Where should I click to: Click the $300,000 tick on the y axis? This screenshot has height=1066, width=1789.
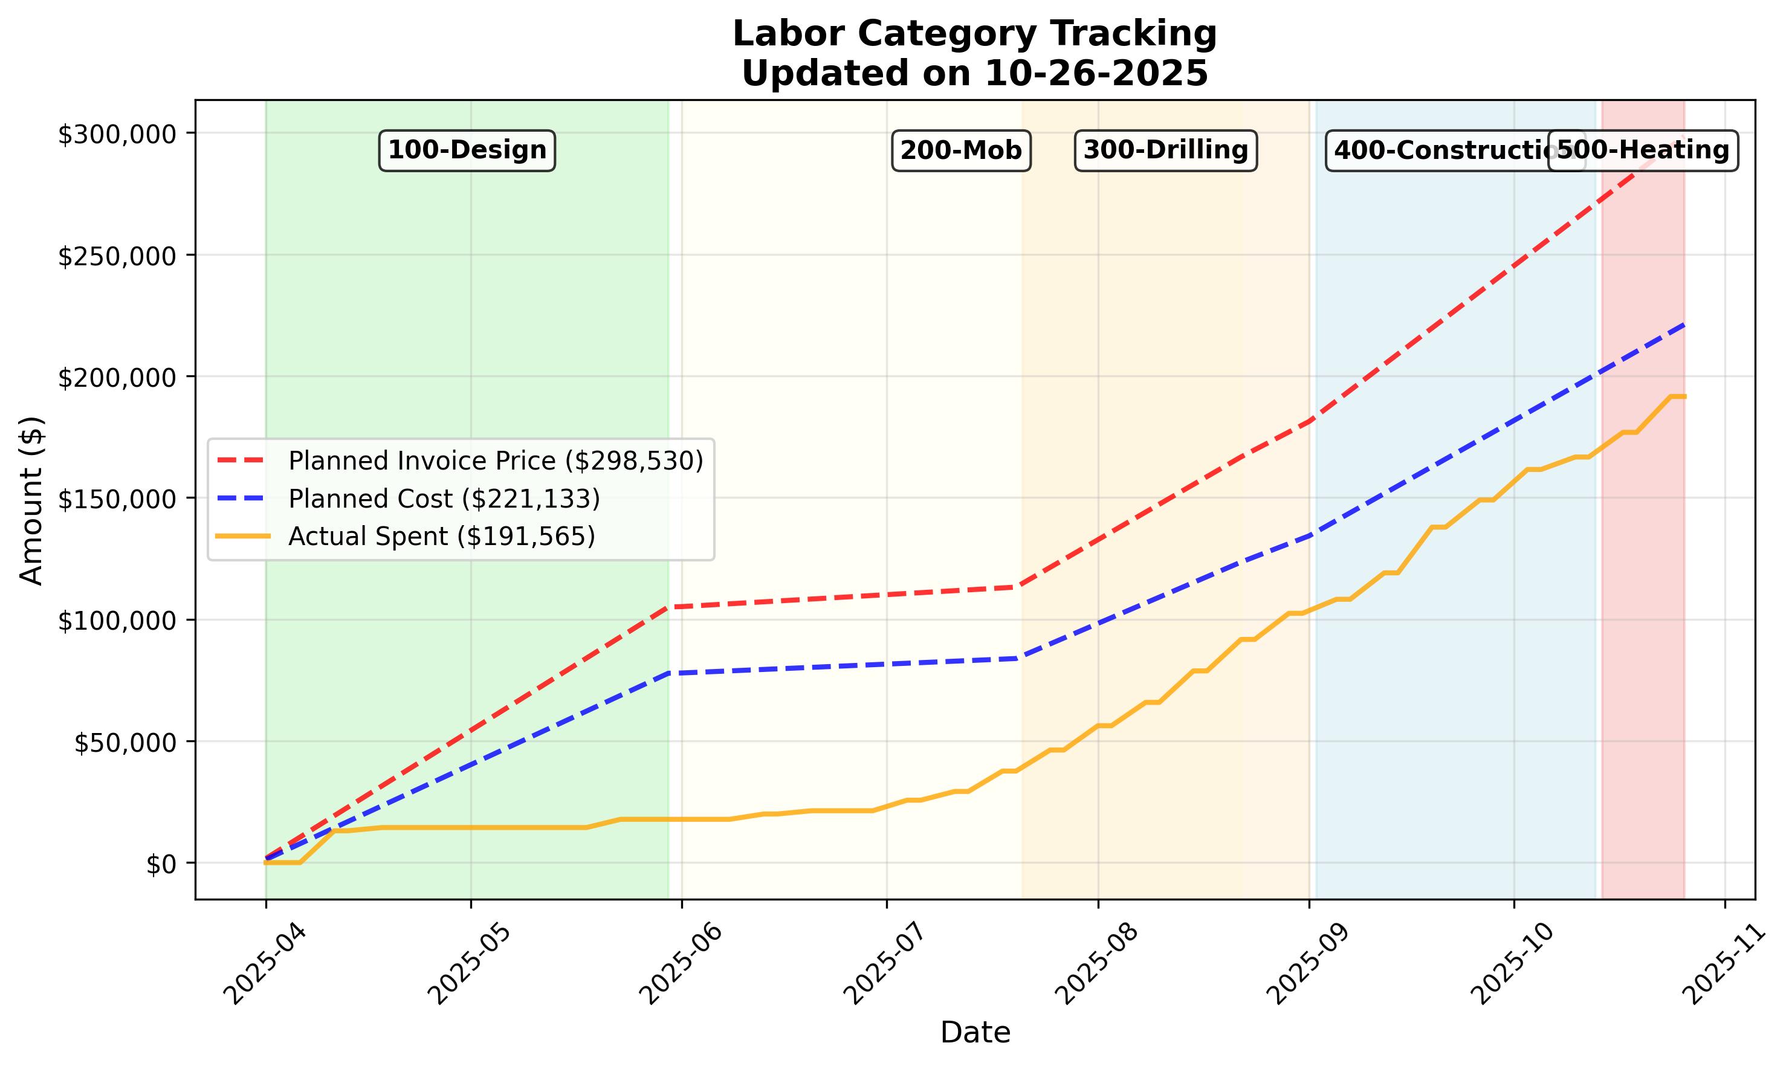117,134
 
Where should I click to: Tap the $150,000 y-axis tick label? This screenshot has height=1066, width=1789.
117,499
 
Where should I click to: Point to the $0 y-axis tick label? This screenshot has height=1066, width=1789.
161,864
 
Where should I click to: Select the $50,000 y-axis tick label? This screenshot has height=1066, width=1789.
125,743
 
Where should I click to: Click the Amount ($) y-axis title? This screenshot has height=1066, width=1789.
31,501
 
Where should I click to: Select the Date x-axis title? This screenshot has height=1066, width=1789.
975,1033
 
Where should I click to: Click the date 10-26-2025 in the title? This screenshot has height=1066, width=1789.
1096,73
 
